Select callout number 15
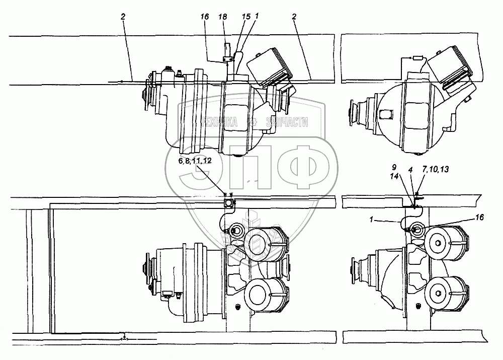(x=246, y=17)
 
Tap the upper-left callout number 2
(x=122, y=17)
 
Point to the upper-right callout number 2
(x=294, y=17)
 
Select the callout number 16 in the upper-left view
(x=205, y=17)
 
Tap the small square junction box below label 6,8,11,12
(x=229, y=203)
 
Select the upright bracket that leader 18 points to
(x=226, y=50)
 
